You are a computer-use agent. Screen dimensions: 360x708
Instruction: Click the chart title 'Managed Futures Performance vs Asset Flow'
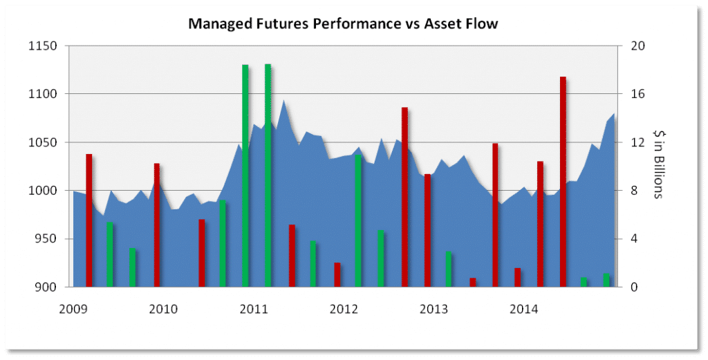click(344, 25)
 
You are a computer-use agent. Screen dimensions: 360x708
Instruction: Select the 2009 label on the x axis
click(73, 309)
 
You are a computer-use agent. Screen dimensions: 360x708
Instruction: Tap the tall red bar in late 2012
click(405, 197)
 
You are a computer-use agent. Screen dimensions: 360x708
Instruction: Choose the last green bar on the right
click(606, 281)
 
